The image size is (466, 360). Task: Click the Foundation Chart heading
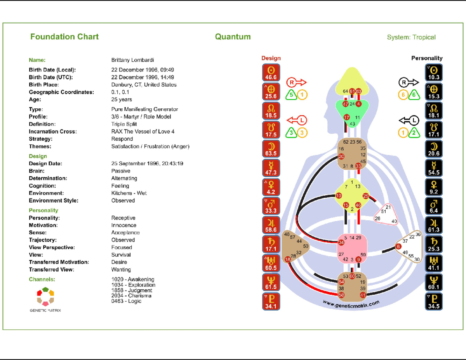point(64,37)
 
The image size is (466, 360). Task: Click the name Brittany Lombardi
point(132,60)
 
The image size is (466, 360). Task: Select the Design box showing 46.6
point(271,73)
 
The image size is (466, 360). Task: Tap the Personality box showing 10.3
point(434,73)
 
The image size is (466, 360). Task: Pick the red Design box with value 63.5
point(271,149)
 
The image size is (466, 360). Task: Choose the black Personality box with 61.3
point(434,225)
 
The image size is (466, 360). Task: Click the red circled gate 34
point(341,242)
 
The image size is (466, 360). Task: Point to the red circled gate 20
point(341,157)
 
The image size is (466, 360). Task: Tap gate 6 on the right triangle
point(398,247)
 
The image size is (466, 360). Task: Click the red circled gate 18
point(288,259)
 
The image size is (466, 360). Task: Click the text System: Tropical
point(411,37)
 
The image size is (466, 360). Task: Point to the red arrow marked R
point(296,82)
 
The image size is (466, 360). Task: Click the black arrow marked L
point(409,120)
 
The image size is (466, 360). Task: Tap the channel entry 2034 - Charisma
point(131,296)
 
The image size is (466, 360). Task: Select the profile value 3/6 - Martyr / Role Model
point(141,117)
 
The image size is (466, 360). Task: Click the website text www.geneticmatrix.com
point(351,304)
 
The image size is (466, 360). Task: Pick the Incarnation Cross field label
point(53,131)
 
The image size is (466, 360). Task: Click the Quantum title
point(233,37)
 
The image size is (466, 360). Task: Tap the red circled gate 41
point(363,295)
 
